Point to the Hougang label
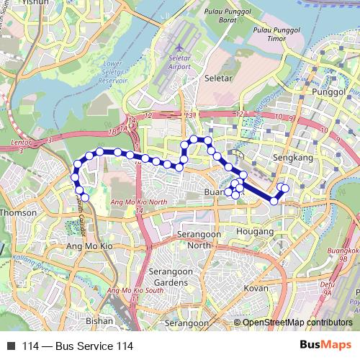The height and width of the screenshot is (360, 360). pos(256,232)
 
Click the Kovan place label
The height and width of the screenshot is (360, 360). pos(256,287)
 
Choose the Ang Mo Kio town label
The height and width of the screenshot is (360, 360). pos(90,246)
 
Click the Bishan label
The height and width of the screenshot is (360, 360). pos(99,320)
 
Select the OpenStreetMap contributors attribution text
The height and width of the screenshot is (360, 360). pos(297,322)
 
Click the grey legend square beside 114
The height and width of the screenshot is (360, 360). pos(11,345)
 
